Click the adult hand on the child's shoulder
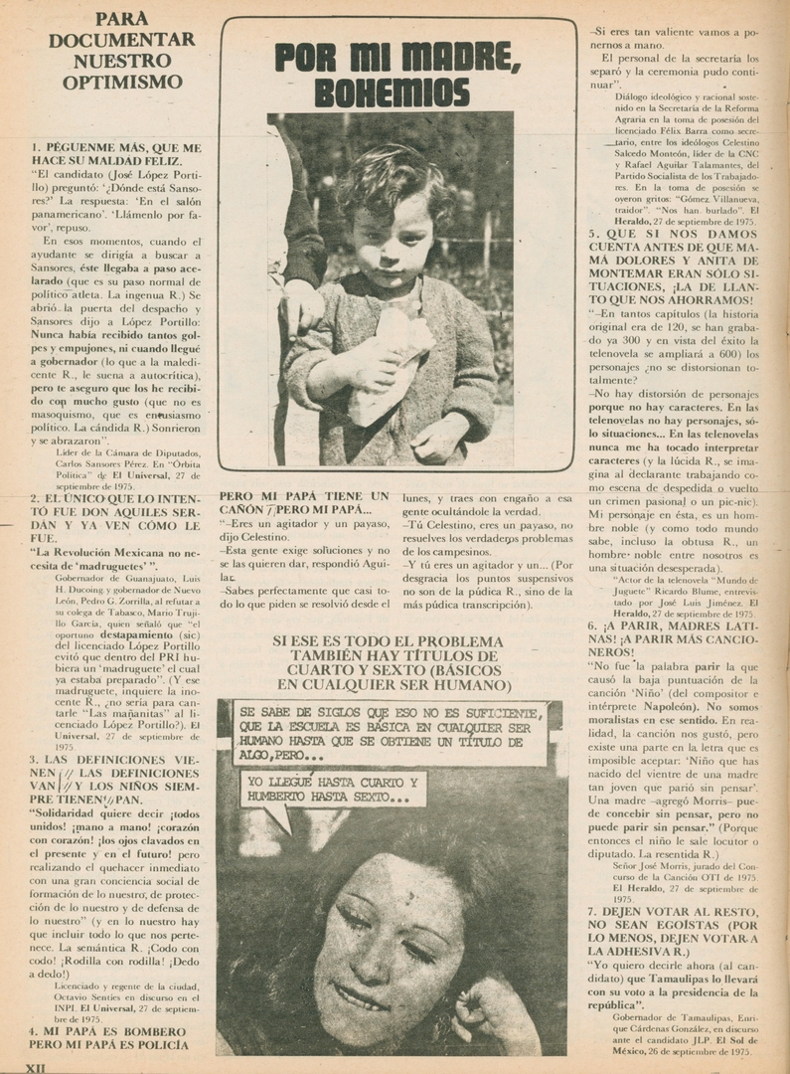(x=303, y=305)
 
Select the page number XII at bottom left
(x=36, y=1066)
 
